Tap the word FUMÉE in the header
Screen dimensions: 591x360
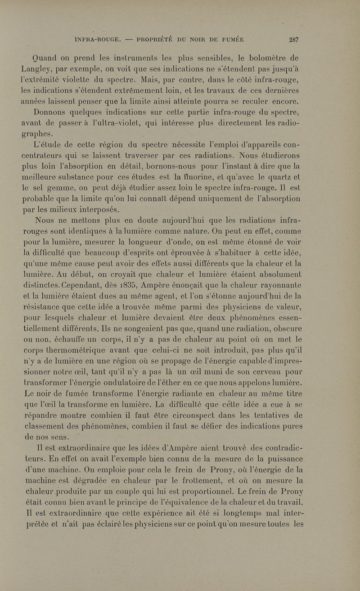(x=231, y=39)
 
